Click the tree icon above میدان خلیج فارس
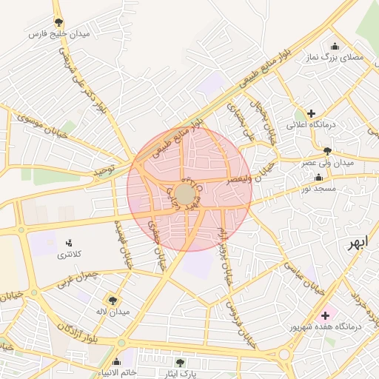[x=58, y=22]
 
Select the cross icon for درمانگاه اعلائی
[x=312, y=114]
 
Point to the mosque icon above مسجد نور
[x=318, y=178]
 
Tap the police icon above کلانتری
[x=70, y=242]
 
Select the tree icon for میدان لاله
[x=112, y=300]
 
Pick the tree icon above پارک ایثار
[x=180, y=363]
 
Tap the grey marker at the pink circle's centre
[x=185, y=195]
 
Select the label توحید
[x=106, y=172]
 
